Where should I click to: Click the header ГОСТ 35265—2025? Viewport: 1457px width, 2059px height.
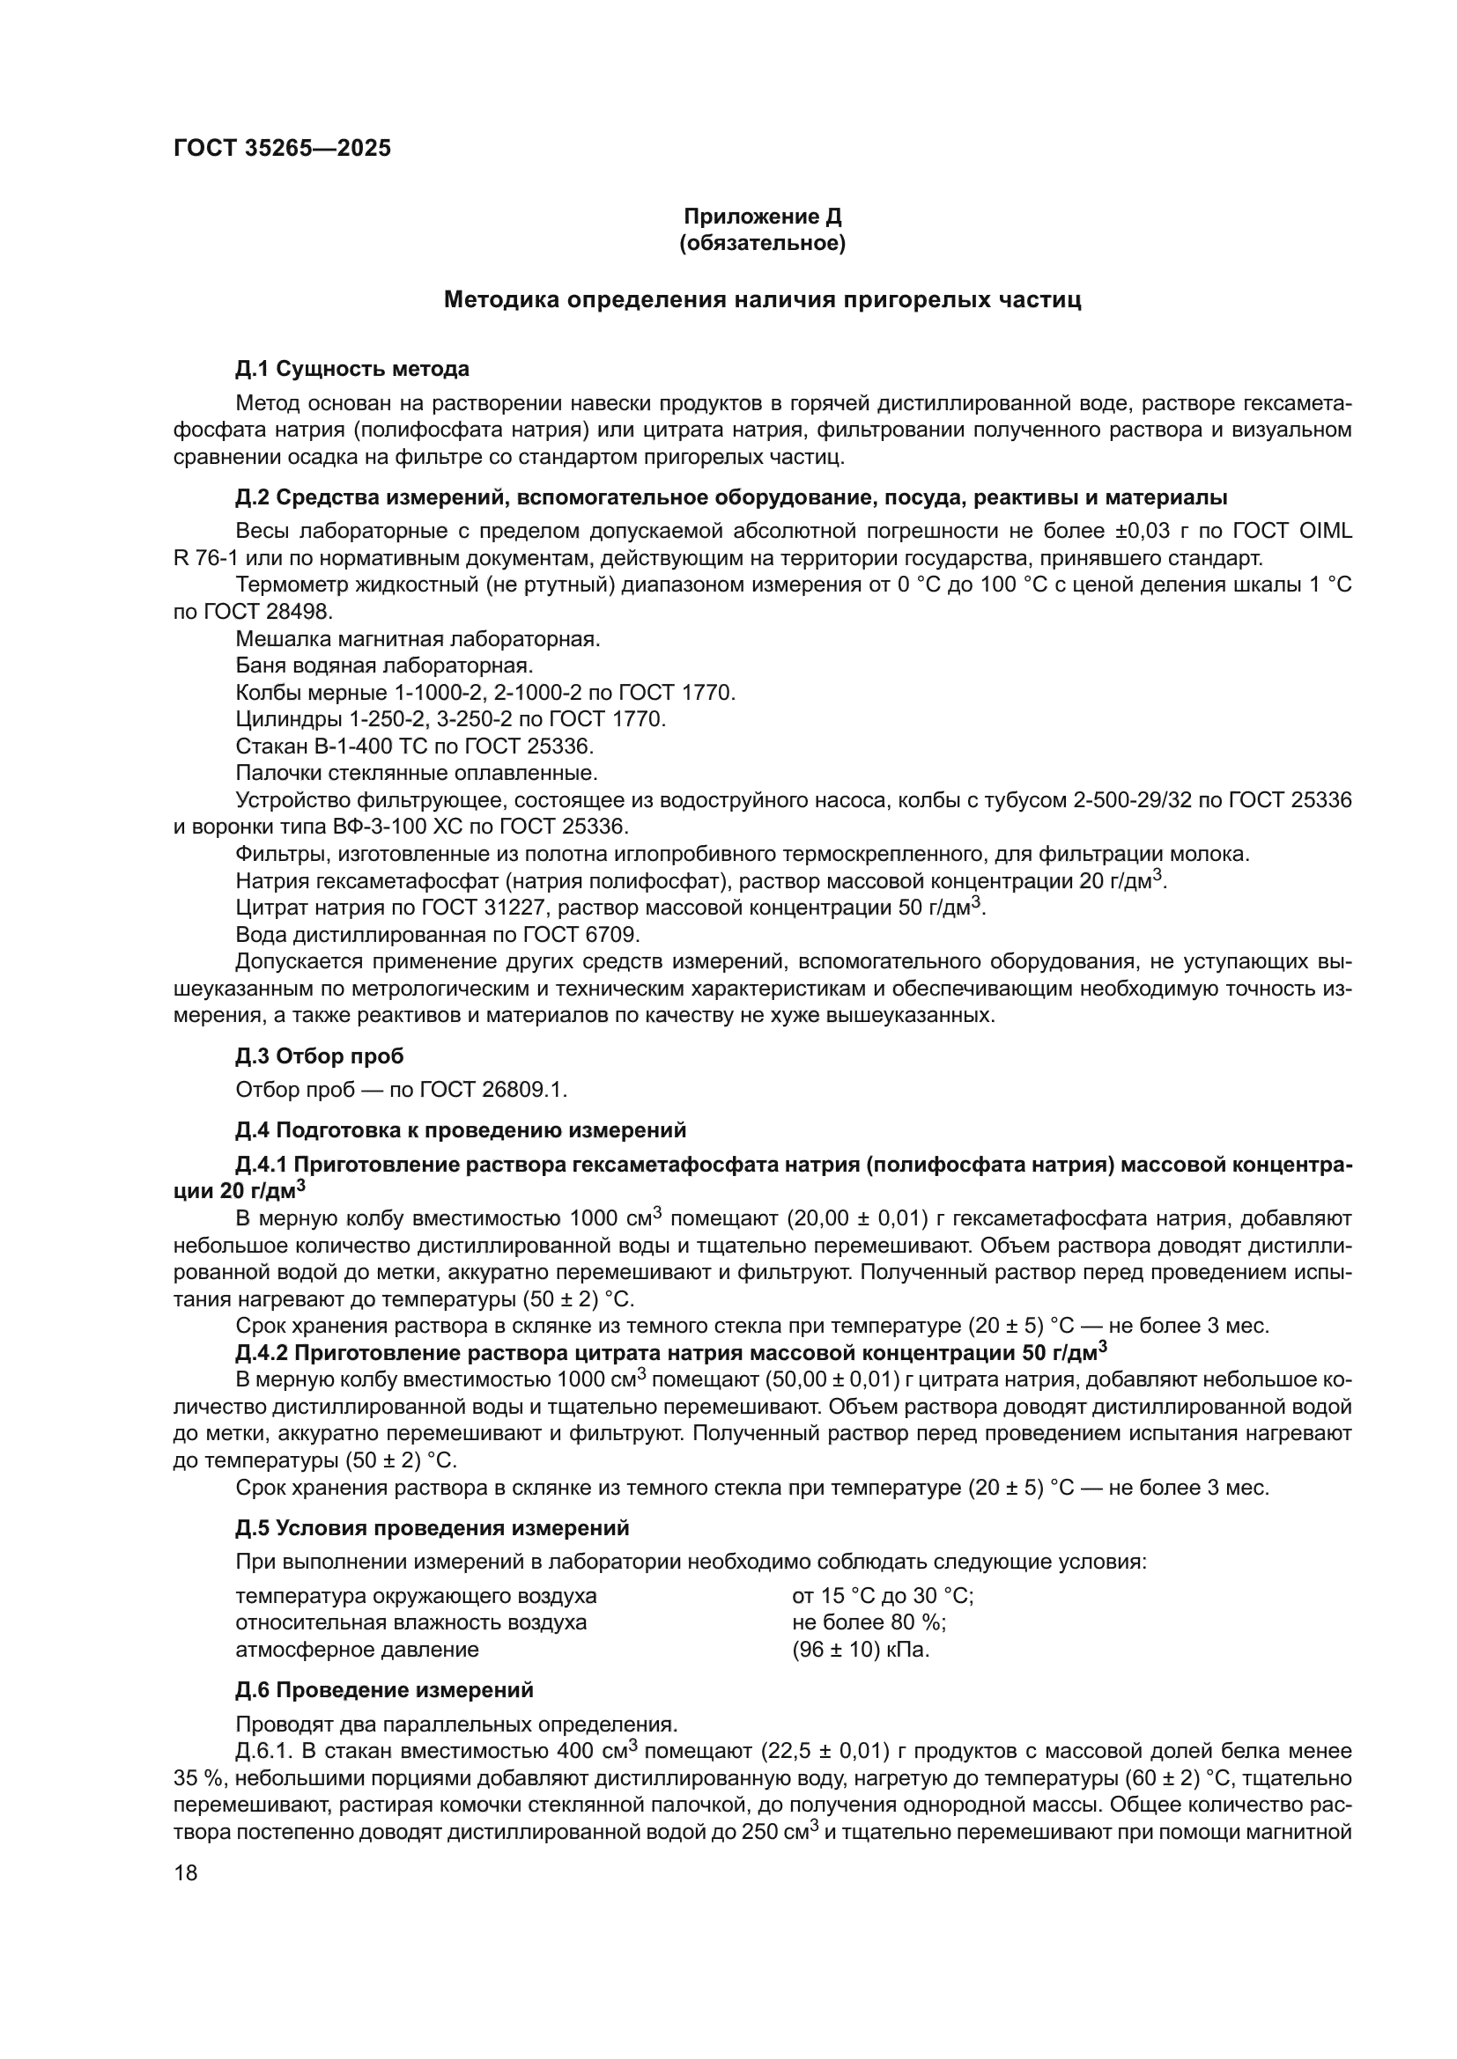pos(282,148)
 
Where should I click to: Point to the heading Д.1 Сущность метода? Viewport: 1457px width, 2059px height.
pos(351,369)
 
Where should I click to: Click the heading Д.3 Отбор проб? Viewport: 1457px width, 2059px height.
pos(320,1056)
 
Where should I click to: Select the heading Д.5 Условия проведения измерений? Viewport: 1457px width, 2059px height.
pos(433,1528)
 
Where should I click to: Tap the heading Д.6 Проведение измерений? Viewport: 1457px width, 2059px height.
pos(384,1689)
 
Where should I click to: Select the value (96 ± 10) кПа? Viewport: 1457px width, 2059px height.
pos(861,1649)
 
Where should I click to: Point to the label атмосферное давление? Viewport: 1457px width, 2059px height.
pos(357,1649)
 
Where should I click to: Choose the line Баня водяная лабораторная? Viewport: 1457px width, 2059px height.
pos(384,665)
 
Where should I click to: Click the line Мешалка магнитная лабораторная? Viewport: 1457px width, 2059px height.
pos(418,638)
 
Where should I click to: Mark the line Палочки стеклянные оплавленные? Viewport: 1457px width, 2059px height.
pos(417,773)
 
